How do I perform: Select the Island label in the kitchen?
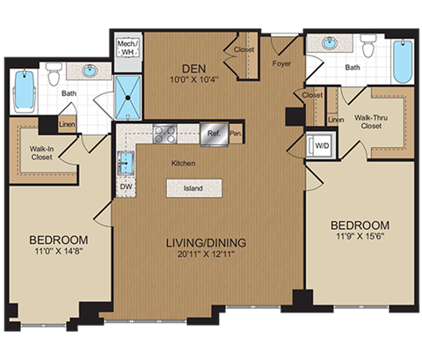pos(193,187)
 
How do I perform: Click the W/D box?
pos(317,146)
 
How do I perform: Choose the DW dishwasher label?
pos(126,187)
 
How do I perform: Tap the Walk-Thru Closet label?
pos(370,120)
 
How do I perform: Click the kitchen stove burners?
pos(164,134)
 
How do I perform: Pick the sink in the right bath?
pos(331,43)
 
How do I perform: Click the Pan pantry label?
pos(235,134)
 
